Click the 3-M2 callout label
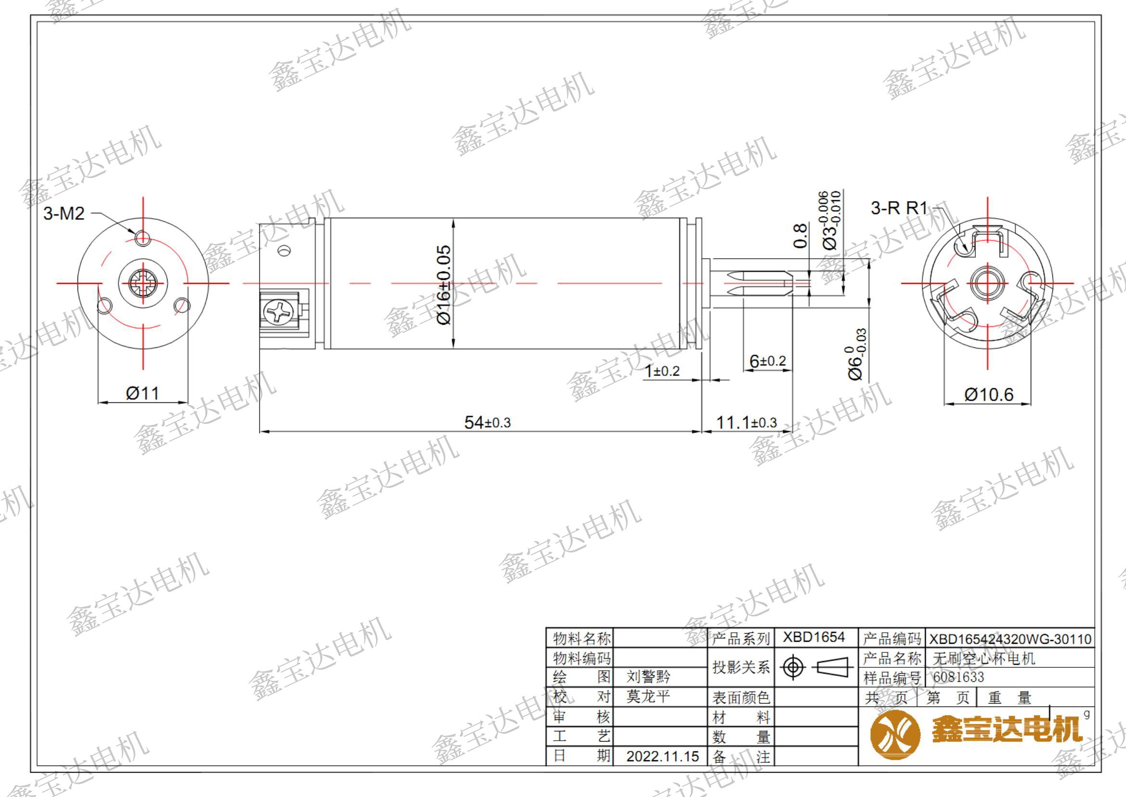(x=64, y=213)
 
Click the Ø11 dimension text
(x=142, y=393)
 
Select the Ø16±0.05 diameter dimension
(x=444, y=285)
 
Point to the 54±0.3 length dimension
(x=487, y=422)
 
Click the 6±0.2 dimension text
(x=767, y=361)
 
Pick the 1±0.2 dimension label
(x=662, y=371)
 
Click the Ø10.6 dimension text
(x=988, y=395)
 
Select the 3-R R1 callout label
(x=899, y=208)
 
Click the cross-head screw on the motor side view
(x=279, y=312)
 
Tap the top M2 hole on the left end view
(x=142, y=238)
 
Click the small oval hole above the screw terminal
(x=284, y=251)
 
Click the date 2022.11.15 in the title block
(x=662, y=756)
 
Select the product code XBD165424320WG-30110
(x=1010, y=639)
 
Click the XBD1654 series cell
(x=814, y=637)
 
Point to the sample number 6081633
(x=958, y=677)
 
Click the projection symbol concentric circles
(x=793, y=667)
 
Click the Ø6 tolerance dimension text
(x=856, y=354)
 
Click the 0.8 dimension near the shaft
(x=800, y=236)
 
